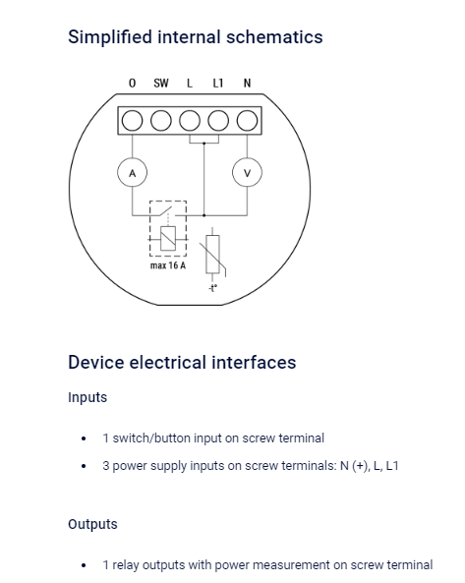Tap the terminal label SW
(161, 83)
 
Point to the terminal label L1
(218, 83)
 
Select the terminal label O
(133, 83)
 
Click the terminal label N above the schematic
(247, 83)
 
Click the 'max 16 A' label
(168, 265)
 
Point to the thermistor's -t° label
(212, 288)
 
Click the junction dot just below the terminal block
(203, 144)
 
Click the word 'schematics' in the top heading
(274, 36)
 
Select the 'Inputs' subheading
(87, 397)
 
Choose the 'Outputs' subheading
(92, 524)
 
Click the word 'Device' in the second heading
(96, 362)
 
